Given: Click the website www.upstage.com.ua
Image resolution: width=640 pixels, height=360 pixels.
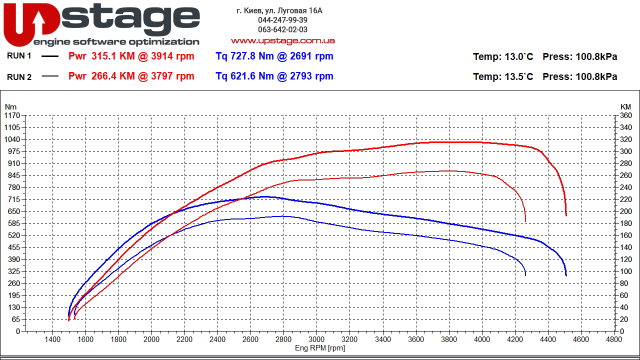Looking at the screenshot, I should [282, 40].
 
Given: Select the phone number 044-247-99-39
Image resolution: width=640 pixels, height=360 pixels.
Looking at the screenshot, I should [282, 20].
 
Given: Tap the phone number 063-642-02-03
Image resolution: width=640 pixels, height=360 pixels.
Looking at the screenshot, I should [282, 29].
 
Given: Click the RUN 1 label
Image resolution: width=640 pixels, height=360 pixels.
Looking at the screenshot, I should [19, 56].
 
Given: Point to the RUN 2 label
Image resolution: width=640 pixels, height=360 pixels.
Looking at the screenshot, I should [19, 77].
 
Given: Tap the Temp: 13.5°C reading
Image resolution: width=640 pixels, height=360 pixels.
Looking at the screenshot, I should [503, 76].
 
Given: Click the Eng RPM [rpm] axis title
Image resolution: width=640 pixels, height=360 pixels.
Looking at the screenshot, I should [320, 348].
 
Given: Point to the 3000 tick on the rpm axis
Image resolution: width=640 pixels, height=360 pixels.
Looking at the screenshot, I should [316, 339].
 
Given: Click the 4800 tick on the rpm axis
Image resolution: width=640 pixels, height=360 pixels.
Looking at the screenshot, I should [613, 339].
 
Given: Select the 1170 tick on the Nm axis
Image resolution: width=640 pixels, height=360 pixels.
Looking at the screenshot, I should [11, 115].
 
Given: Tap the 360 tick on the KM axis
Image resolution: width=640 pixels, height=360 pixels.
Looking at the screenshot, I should [625, 115].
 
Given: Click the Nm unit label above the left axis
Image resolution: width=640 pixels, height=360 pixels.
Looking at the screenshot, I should [10, 106].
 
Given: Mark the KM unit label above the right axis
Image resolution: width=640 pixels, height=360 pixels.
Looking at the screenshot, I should [625, 106].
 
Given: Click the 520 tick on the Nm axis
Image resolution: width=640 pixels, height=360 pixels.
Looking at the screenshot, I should [13, 235].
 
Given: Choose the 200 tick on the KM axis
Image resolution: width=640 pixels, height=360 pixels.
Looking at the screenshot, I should [625, 211].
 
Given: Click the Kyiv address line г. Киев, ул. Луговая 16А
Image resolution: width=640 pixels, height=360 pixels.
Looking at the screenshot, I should [279, 10].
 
